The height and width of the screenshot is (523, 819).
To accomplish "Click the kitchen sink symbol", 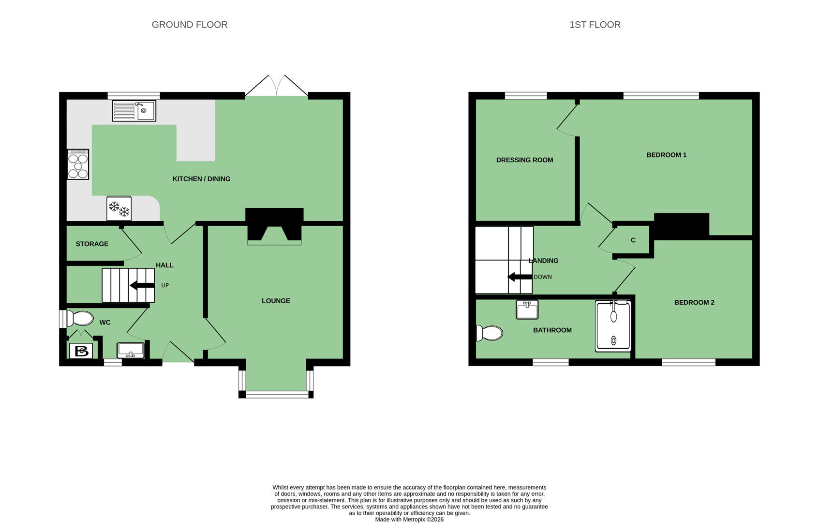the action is click(x=134, y=111).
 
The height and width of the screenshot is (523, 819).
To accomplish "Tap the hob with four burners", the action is click(x=78, y=164).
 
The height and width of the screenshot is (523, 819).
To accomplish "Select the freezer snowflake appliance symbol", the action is click(x=119, y=208).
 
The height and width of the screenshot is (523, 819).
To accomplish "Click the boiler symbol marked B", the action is click(x=81, y=351).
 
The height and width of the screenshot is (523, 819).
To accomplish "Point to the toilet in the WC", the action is click(x=77, y=319).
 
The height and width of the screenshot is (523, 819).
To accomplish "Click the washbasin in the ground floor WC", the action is click(x=131, y=350).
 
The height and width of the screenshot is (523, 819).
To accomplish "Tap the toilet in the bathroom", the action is click(x=490, y=333).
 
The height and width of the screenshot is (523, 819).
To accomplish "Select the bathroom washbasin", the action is click(x=527, y=309).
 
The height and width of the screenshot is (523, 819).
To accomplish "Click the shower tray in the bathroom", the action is click(x=613, y=326).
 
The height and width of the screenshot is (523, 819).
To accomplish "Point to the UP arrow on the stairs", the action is click(x=142, y=285).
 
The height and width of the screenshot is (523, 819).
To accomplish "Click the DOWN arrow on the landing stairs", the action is click(x=520, y=277).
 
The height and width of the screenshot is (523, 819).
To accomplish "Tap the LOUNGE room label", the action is click(x=276, y=301).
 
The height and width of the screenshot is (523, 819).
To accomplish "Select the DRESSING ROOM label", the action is click(x=524, y=160).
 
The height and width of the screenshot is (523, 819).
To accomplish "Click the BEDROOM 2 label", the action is click(x=694, y=302).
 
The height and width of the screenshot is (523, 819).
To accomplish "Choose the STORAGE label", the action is click(x=92, y=244).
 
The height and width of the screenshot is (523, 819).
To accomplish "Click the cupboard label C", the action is click(x=633, y=240).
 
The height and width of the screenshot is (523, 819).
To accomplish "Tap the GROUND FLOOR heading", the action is click(x=190, y=25).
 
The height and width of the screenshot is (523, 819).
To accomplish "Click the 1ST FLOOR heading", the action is click(x=595, y=25).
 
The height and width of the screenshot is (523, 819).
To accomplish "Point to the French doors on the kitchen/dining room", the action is click(x=276, y=86).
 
